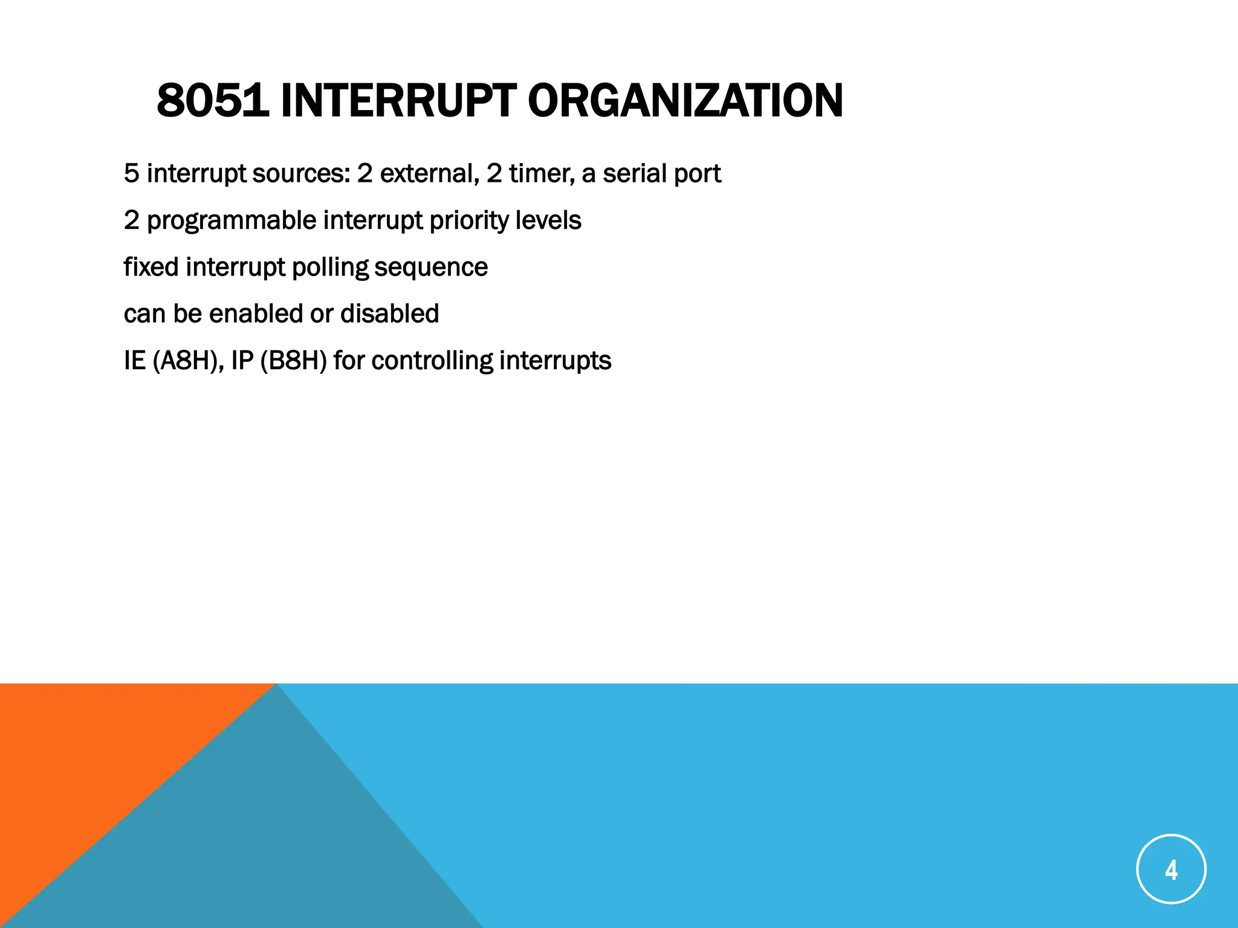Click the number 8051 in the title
pyautogui.click(x=212, y=100)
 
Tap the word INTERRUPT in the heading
pyautogui.click(x=398, y=100)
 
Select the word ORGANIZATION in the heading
pyautogui.click(x=685, y=100)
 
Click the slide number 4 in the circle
pyautogui.click(x=1171, y=869)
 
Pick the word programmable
pyautogui.click(x=232, y=221)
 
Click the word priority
pyautogui.click(x=468, y=221)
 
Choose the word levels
pyautogui.click(x=548, y=220)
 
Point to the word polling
pyautogui.click(x=330, y=268)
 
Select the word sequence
pyautogui.click(x=431, y=268)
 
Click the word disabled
pyautogui.click(x=389, y=314)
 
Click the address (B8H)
pyautogui.click(x=293, y=361)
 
